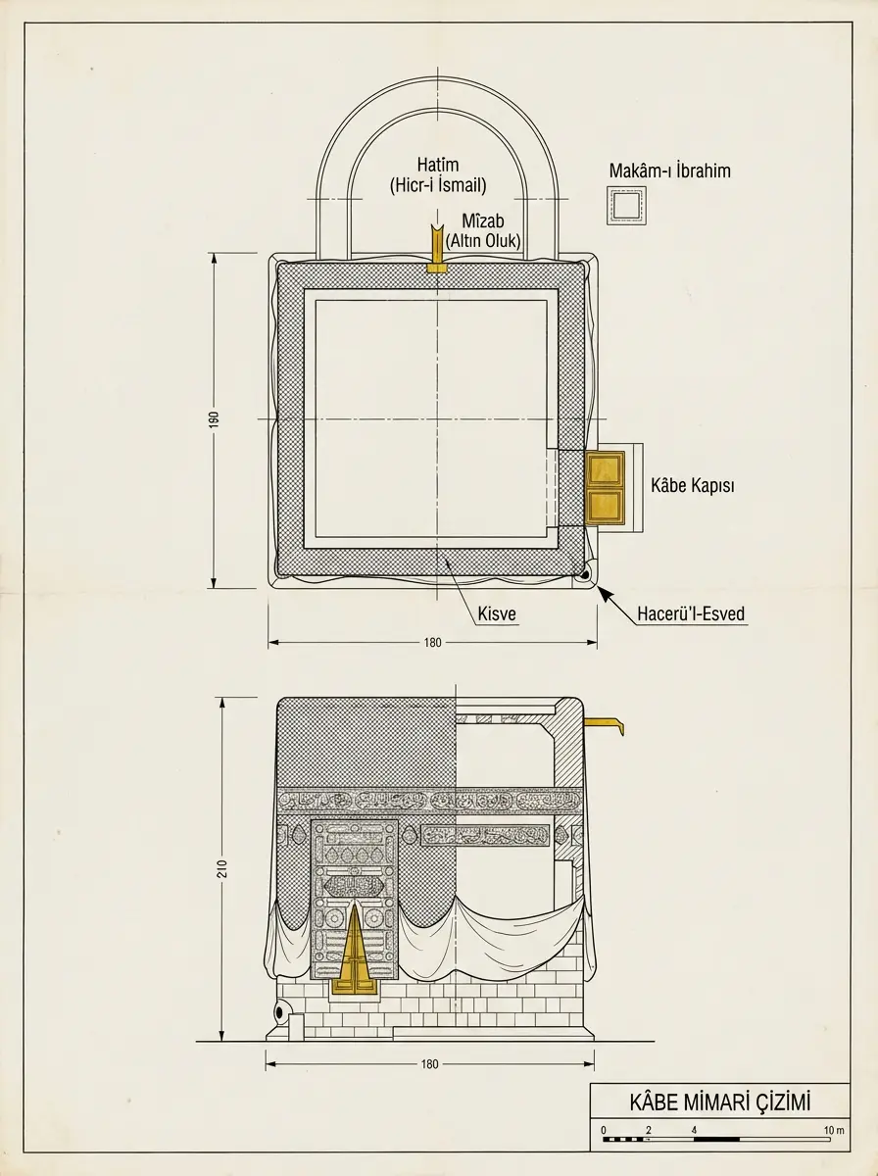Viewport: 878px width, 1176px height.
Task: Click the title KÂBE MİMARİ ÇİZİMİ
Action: (x=719, y=1102)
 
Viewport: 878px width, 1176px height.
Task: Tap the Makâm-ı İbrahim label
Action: (x=669, y=171)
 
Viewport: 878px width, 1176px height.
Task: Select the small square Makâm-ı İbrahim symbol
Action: (x=626, y=205)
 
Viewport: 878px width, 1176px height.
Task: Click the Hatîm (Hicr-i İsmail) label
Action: (x=438, y=175)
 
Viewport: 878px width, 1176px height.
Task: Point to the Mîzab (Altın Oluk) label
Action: (x=483, y=231)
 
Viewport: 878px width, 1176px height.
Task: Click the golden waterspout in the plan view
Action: (x=438, y=250)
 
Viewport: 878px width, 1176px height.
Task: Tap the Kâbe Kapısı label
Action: (x=692, y=485)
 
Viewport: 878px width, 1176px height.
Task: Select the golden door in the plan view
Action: (x=605, y=487)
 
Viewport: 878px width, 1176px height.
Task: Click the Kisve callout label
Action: (x=497, y=613)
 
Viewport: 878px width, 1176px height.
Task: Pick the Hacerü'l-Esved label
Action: (x=691, y=613)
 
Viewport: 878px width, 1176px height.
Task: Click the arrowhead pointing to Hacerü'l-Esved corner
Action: (x=604, y=593)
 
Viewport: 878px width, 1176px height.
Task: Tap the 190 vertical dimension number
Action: (x=214, y=419)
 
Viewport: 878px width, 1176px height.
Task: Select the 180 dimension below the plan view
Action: (x=432, y=642)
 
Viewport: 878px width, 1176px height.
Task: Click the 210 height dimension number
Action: (x=222, y=868)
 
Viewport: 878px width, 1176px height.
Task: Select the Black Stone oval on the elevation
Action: (x=279, y=1011)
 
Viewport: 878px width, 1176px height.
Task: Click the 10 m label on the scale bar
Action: (x=834, y=1130)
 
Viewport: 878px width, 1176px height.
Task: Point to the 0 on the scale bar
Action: (x=604, y=1130)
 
